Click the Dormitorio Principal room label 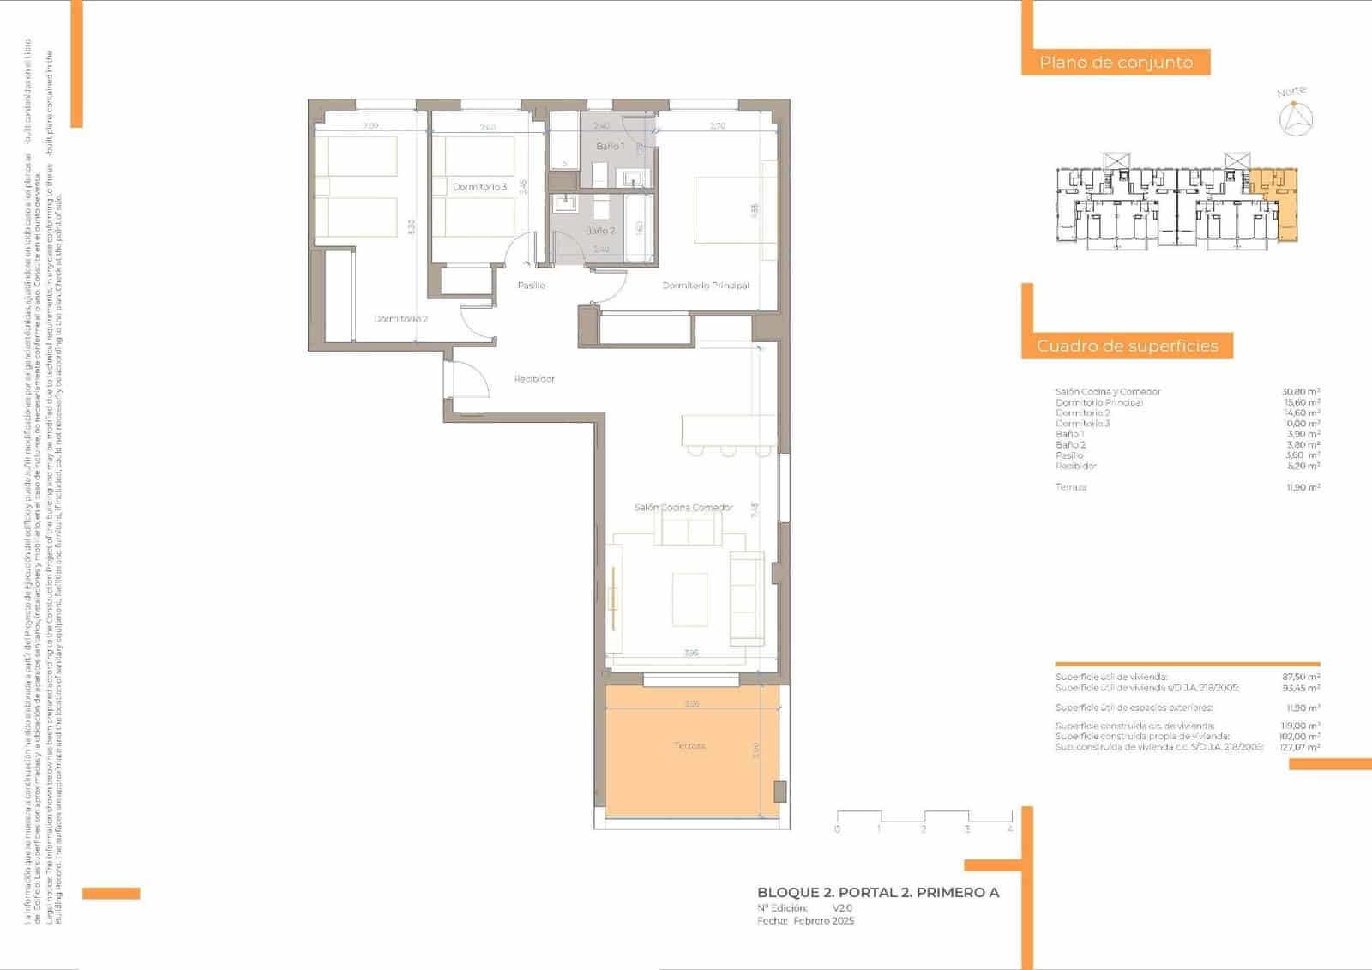tap(706, 286)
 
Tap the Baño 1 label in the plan tap(610, 147)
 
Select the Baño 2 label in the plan tap(600, 231)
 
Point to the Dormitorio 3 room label tap(480, 187)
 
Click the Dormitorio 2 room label tap(400, 319)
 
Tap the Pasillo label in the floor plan tap(531, 286)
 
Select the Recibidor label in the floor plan tap(534, 378)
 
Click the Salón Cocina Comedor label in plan tap(683, 508)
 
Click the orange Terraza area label tap(689, 746)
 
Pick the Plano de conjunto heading tap(1116, 63)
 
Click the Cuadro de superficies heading tap(1127, 346)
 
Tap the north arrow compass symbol tap(1296, 118)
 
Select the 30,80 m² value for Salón tap(1300, 392)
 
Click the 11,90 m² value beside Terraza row tap(1302, 487)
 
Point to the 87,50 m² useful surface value tap(1301, 678)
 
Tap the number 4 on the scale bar tap(1010, 829)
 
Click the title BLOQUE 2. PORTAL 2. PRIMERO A tap(878, 893)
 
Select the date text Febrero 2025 tap(823, 921)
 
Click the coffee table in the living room tap(689, 599)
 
